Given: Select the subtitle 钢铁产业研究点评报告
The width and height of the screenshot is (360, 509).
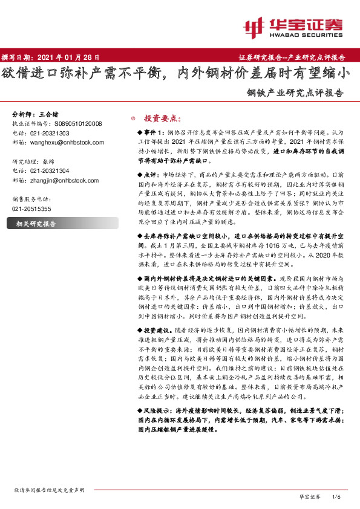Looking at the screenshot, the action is click(x=295, y=94).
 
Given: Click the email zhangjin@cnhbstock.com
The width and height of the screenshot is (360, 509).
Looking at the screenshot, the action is click(x=67, y=180).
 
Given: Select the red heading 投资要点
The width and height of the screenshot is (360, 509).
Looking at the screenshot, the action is click(x=162, y=118).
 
